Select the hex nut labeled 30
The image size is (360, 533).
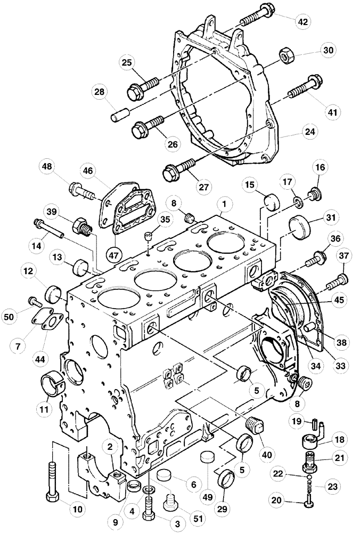click(286, 55)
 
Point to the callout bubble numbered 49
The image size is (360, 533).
click(208, 497)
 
